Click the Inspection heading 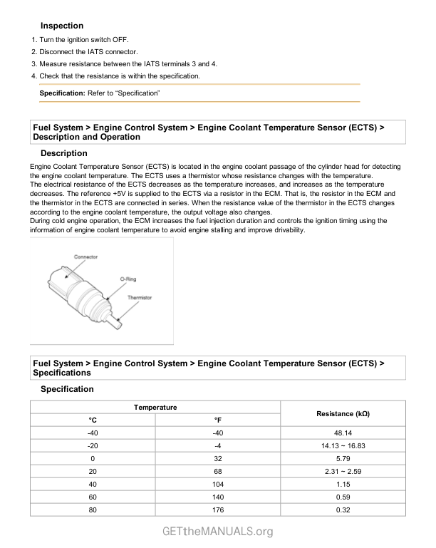62,26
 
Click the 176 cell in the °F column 217,510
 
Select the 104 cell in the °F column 217,485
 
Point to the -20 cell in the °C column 93,445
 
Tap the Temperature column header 155,407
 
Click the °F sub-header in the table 217,420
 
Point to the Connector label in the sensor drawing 85,257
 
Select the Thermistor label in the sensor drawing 139,297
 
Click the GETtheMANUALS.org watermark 217,532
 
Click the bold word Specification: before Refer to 62,93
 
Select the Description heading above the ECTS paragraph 64,153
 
